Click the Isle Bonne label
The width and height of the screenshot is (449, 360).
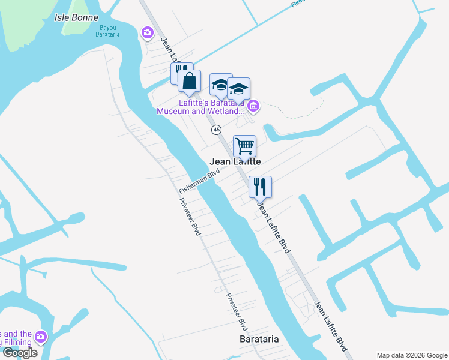[76, 17]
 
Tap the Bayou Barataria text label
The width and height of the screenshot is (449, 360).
[108, 31]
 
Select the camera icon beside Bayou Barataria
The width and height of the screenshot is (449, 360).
[146, 32]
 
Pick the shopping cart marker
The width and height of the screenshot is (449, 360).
[244, 145]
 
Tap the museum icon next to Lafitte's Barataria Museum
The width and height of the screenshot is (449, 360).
[253, 106]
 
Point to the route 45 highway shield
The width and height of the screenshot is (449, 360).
[217, 130]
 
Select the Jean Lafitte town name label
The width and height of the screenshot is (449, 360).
[235, 162]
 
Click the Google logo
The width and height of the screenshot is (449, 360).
[20, 353]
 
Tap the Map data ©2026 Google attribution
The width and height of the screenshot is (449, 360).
[411, 355]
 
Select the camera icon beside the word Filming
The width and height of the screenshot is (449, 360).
[41, 337]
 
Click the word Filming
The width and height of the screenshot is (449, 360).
[16, 343]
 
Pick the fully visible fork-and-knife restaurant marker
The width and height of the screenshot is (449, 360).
[261, 186]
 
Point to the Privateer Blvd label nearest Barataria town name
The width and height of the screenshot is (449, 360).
[237, 312]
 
